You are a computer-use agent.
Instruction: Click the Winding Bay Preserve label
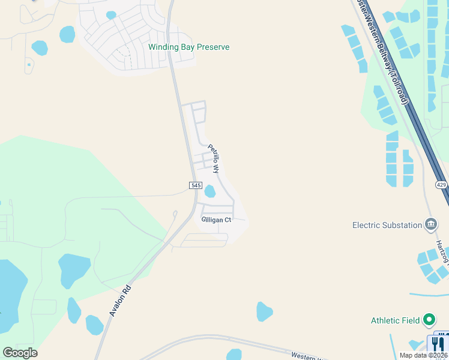[189, 47]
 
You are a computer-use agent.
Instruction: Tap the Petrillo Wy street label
[214, 158]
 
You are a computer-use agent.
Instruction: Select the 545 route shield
[195, 185]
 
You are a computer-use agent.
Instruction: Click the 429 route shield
[441, 185]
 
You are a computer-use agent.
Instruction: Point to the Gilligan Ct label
[216, 220]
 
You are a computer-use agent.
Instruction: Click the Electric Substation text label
[387, 225]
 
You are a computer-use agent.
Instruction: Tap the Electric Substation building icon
[430, 225]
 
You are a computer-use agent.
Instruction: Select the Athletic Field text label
[395, 320]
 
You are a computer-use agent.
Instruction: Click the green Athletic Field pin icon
[429, 320]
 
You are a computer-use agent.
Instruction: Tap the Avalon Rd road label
[120, 300]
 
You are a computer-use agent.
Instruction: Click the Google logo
[20, 353]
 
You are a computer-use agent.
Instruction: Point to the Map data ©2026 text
[423, 355]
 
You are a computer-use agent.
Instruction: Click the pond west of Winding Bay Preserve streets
[67, 34]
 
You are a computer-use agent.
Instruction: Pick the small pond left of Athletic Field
[264, 312]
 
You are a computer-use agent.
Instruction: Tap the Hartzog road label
[443, 252]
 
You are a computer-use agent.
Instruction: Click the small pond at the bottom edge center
[234, 355]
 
